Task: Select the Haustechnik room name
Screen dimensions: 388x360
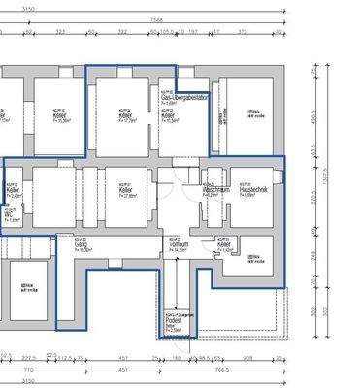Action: click(252, 190)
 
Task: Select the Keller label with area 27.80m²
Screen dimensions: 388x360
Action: click(126, 191)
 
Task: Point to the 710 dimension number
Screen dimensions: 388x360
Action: click(30, 370)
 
